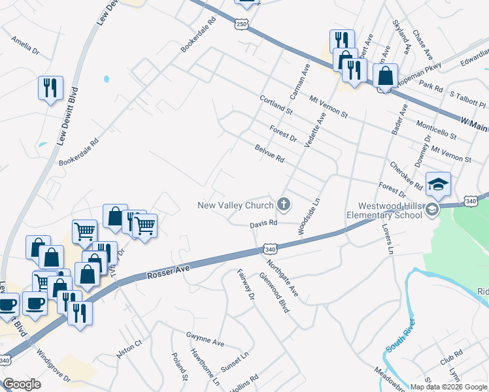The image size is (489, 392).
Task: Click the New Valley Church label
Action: click(x=235, y=206)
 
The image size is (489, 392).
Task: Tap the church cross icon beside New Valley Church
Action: click(x=284, y=205)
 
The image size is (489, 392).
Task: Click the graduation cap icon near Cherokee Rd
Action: click(x=438, y=184)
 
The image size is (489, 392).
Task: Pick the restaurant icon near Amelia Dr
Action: click(x=50, y=88)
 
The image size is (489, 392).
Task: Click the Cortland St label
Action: click(x=275, y=105)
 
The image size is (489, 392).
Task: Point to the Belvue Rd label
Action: click(x=269, y=154)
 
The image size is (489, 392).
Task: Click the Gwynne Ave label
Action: click(x=205, y=338)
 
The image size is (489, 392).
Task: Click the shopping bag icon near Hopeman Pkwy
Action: click(x=386, y=76)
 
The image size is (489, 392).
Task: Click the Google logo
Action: click(x=22, y=384)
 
